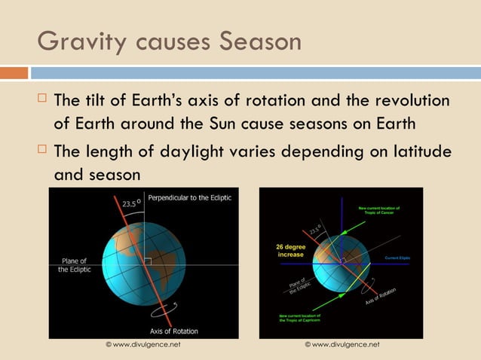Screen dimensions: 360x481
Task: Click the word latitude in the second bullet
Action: [418, 151]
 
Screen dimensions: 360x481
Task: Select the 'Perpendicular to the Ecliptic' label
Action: [190, 197]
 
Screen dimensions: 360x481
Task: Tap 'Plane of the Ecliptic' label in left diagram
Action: [73, 266]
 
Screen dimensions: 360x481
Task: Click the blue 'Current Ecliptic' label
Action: [401, 258]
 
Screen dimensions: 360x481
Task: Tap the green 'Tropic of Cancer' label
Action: [379, 210]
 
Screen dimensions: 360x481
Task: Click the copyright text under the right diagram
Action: [342, 344]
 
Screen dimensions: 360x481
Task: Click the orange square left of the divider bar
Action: [14, 73]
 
